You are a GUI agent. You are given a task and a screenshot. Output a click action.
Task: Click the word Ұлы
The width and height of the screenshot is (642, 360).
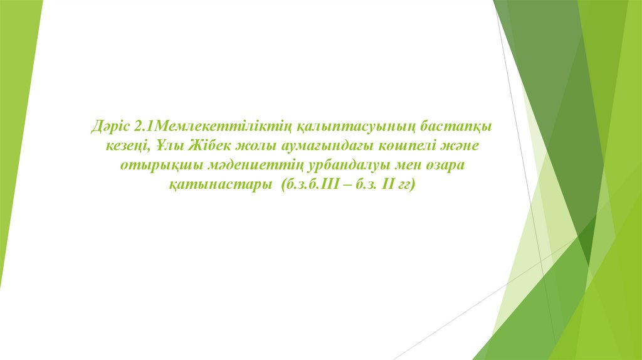pyautogui.click(x=169, y=146)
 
